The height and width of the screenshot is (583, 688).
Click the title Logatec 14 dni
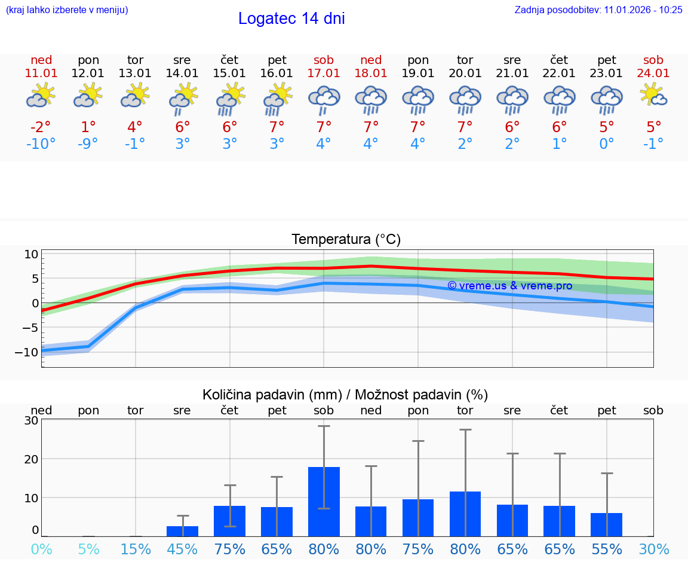(x=291, y=19)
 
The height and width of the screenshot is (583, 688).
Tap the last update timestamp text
(x=598, y=10)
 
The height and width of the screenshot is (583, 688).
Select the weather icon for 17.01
(x=324, y=99)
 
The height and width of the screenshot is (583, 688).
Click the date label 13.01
(x=136, y=73)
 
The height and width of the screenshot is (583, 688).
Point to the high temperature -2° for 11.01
(x=41, y=127)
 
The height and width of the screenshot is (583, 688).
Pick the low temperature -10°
(x=41, y=144)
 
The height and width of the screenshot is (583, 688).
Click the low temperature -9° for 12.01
(x=88, y=144)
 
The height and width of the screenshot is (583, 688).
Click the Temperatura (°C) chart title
(x=346, y=240)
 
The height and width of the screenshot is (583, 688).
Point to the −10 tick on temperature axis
(x=30, y=352)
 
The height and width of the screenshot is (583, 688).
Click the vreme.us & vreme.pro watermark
(x=509, y=286)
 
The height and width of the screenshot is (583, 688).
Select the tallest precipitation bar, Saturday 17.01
(x=324, y=501)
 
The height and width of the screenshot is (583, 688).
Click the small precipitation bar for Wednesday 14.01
(x=182, y=531)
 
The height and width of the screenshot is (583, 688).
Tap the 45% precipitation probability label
(x=182, y=550)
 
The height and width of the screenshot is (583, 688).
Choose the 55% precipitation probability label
(x=607, y=550)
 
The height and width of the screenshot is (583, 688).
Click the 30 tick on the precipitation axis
(x=32, y=420)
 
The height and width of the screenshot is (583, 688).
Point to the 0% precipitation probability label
(x=41, y=550)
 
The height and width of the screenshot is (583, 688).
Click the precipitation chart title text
(x=345, y=395)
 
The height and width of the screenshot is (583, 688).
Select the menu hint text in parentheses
(x=67, y=10)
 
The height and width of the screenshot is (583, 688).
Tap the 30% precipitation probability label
(x=654, y=550)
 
